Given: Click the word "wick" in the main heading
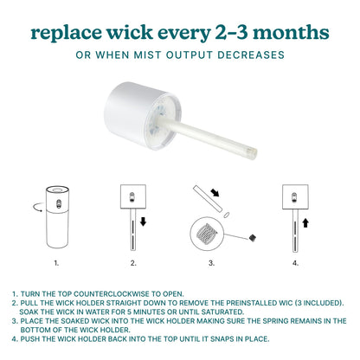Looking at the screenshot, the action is [130, 32].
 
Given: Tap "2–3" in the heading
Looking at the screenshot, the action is [231, 33].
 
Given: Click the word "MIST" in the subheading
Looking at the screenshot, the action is [146, 55].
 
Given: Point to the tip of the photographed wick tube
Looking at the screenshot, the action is [254, 152].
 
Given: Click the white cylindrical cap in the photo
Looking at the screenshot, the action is [138, 114].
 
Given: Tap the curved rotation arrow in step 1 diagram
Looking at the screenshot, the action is [37, 207].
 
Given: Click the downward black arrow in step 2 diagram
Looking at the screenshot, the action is [143, 222].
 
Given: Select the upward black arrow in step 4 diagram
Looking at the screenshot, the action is [305, 222].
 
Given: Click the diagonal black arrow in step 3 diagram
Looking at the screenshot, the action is [215, 192].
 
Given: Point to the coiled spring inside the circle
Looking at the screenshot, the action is [207, 233].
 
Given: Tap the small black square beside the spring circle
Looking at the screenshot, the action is [253, 238].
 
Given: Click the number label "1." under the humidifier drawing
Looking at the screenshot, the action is [56, 263].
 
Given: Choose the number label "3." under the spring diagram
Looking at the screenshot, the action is [211, 263].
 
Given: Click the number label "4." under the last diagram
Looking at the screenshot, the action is [295, 263].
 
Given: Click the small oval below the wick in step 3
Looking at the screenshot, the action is [227, 215].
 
